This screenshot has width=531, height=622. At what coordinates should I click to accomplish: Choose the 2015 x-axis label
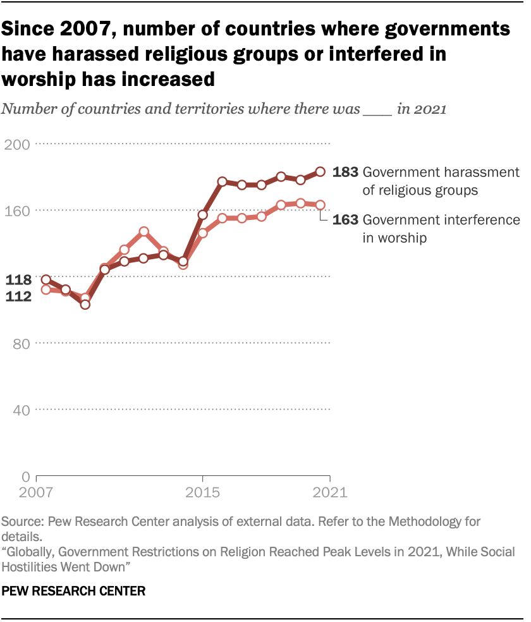click(x=202, y=492)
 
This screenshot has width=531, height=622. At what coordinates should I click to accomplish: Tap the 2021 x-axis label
click(x=329, y=492)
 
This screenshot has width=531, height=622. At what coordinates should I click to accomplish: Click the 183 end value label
click(x=346, y=172)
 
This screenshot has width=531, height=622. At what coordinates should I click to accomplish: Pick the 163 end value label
click(x=346, y=220)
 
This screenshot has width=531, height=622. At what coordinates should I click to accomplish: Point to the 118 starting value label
click(x=19, y=280)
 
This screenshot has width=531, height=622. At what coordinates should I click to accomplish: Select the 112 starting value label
click(x=19, y=296)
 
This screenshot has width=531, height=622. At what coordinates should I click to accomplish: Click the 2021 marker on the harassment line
click(x=320, y=171)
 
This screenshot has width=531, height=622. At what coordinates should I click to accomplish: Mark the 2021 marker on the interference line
click(x=320, y=205)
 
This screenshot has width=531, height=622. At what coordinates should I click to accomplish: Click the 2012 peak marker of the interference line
click(x=144, y=232)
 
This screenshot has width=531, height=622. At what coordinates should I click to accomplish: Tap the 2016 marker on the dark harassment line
click(x=223, y=181)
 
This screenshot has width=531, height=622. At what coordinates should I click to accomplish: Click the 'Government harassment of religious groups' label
click(x=441, y=180)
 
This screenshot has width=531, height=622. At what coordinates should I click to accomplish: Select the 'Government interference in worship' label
click(x=441, y=229)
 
